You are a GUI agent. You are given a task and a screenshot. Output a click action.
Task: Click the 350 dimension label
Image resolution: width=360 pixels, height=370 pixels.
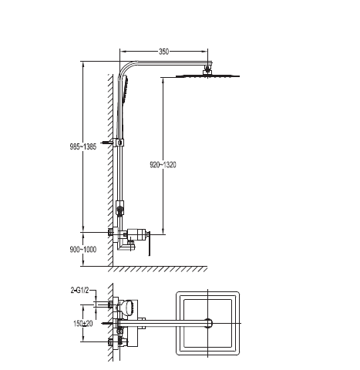click(x=163, y=52)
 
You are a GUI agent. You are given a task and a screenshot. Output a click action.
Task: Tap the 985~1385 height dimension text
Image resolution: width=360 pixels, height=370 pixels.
click(x=83, y=146)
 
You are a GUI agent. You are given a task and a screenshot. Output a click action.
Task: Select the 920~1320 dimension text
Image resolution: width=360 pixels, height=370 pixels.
click(x=163, y=165)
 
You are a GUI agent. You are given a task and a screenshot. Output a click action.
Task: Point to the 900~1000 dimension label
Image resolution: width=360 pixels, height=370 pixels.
click(x=83, y=249)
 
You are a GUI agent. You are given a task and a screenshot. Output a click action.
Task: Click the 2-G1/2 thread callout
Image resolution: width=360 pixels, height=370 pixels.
click(x=79, y=291)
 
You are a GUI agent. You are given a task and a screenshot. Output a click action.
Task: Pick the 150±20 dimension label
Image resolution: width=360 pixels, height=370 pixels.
click(x=83, y=324)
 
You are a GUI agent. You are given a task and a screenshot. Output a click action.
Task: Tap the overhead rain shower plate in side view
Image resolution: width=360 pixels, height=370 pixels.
click(x=207, y=76)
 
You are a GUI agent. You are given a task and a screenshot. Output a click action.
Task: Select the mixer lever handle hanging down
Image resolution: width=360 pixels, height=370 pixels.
click(x=148, y=244)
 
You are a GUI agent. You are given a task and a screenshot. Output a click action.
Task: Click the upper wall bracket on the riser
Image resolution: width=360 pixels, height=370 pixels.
click(x=119, y=142)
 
